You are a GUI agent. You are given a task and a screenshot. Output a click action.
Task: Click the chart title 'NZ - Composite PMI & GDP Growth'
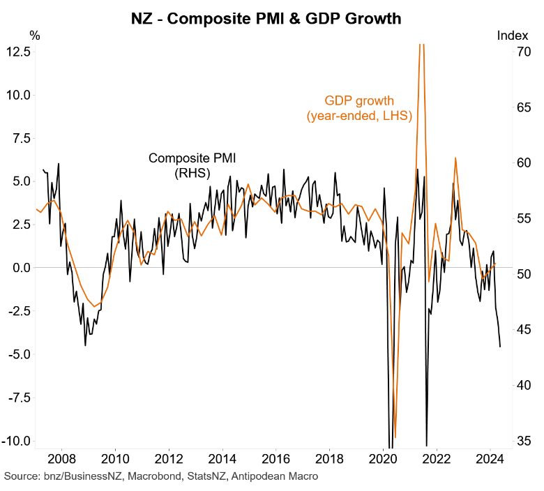(x=266, y=19)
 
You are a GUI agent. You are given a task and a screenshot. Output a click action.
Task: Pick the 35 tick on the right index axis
(x=522, y=441)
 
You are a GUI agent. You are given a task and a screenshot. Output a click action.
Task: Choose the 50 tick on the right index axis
(x=522, y=274)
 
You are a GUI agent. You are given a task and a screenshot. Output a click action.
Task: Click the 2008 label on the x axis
(x=61, y=461)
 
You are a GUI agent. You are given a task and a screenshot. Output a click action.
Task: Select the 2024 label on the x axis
(x=490, y=461)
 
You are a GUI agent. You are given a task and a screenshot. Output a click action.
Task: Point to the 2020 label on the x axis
(x=383, y=461)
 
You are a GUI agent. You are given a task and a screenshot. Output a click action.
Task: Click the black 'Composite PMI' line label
(x=192, y=158)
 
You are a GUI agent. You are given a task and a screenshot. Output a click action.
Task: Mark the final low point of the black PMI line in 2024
(x=500, y=347)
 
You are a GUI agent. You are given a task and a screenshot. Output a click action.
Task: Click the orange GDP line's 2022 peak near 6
(x=455, y=158)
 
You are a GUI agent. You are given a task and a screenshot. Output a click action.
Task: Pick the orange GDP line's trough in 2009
(x=95, y=307)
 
